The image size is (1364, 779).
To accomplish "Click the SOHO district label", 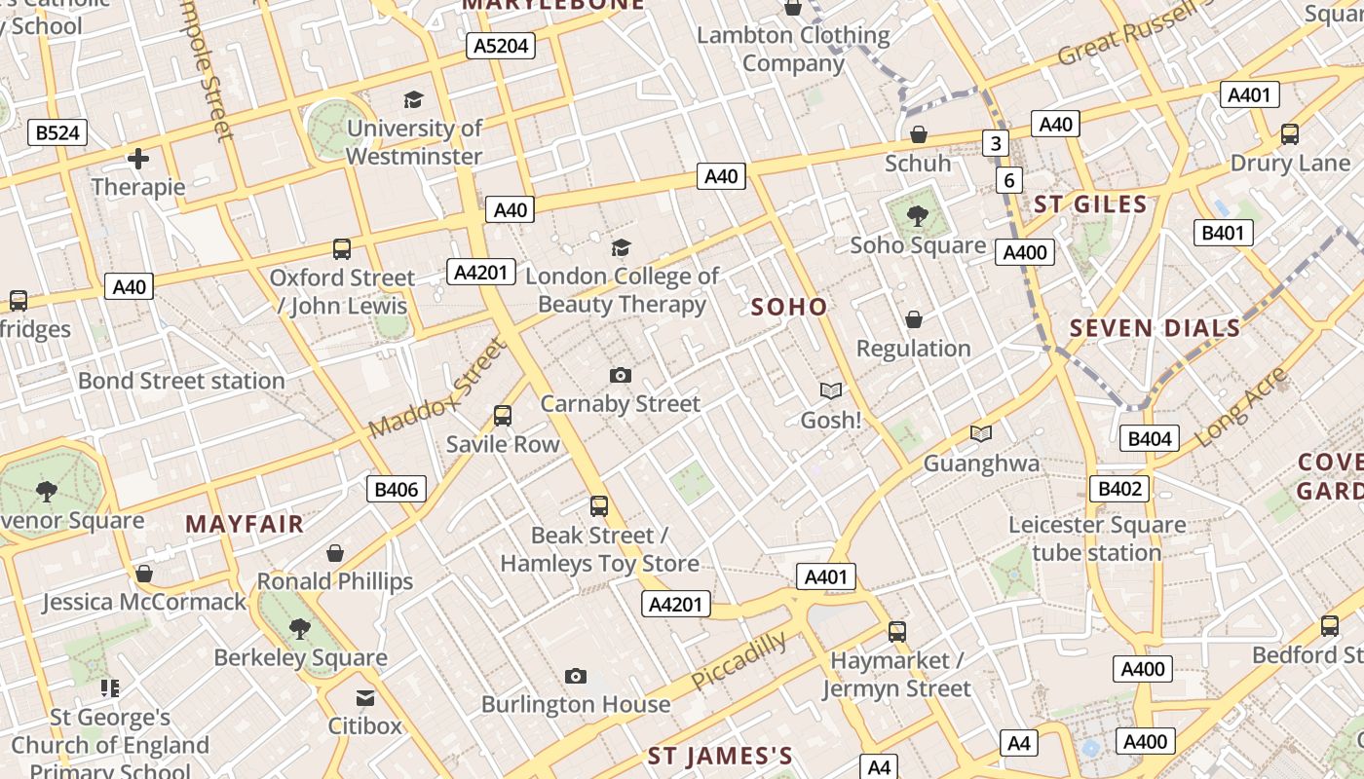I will pos(789,307).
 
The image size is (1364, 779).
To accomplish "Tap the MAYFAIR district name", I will pos(245,524).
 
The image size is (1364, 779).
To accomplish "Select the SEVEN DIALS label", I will pos(1156,328).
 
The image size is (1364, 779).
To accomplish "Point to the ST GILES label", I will pos(1090,204).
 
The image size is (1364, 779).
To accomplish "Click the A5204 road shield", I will pos(502,46).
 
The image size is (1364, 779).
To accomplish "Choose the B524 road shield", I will pos(57,132).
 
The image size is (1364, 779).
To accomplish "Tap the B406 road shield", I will pos(397,489).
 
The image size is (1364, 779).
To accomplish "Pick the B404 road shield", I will pos(1149,438).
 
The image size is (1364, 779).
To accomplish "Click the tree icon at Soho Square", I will pos(917,216).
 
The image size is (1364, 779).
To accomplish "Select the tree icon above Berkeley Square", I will pos(300,629).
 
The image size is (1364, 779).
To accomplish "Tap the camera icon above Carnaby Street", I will pos(620,375).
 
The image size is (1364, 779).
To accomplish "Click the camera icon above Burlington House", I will pos(576,676).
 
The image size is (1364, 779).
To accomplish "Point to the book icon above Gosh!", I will pos(831,390).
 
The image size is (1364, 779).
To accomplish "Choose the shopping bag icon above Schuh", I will pos(918,134).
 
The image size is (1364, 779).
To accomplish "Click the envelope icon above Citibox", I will pos(364,697).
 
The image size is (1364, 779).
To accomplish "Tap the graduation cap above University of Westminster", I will pos(414,99).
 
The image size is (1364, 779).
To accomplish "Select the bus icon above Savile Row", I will pos(503,416).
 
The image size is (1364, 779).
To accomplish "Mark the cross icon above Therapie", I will pos(138,158).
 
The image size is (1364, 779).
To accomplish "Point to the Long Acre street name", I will pos(1240,408).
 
